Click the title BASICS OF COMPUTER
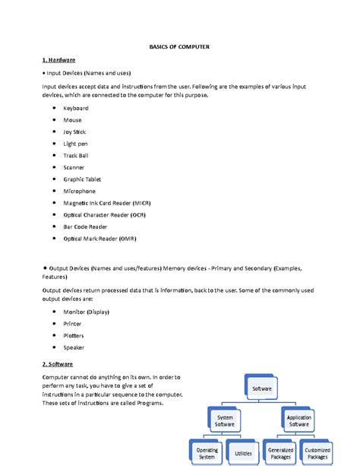point(179,47)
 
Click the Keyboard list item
point(76,109)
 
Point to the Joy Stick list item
point(74,132)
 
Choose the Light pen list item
point(75,144)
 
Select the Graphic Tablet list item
point(82,179)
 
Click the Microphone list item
point(80,192)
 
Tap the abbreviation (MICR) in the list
point(147,203)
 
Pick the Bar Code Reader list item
point(85,227)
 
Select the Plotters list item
point(74,335)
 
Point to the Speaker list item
point(74,347)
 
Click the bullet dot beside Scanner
point(54,167)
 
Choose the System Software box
point(226,420)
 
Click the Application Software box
point(298,420)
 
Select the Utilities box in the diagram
point(243,452)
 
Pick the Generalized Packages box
point(281,453)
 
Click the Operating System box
point(207,453)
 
